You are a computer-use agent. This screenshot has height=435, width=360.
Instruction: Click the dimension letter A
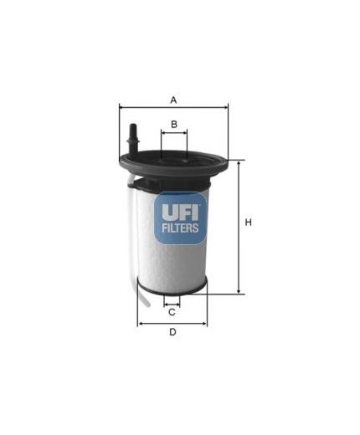[x=173, y=100]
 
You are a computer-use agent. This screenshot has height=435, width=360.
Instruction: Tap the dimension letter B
[x=173, y=125]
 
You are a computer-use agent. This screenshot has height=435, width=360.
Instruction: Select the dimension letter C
[x=172, y=312]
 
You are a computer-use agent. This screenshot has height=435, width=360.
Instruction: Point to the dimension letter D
[x=172, y=332]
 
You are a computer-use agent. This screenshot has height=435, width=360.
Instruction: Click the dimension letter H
[x=248, y=223]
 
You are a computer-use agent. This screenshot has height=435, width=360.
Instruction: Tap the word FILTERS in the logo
[x=179, y=228]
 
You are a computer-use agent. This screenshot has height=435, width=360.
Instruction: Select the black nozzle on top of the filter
[x=131, y=138]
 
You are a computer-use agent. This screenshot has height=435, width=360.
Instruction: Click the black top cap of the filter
[x=173, y=162]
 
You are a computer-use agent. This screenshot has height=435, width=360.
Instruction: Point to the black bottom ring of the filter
[x=172, y=291]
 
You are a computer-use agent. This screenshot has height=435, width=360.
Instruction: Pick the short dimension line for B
[x=173, y=132]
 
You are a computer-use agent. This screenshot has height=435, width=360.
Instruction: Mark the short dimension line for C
[x=172, y=303]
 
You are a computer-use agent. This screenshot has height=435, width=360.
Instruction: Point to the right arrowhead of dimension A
[x=225, y=107]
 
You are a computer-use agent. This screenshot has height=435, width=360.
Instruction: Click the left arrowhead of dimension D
[x=140, y=323]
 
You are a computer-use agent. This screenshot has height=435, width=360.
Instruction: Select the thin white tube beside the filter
[x=132, y=243]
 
